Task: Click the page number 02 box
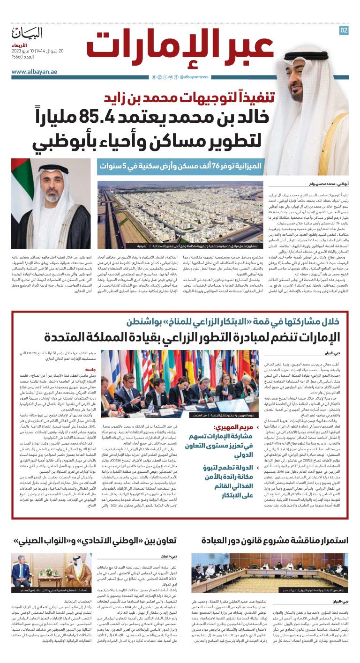[344, 30]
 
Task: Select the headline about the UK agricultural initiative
[197, 337]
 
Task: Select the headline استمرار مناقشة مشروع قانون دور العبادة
[275, 540]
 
